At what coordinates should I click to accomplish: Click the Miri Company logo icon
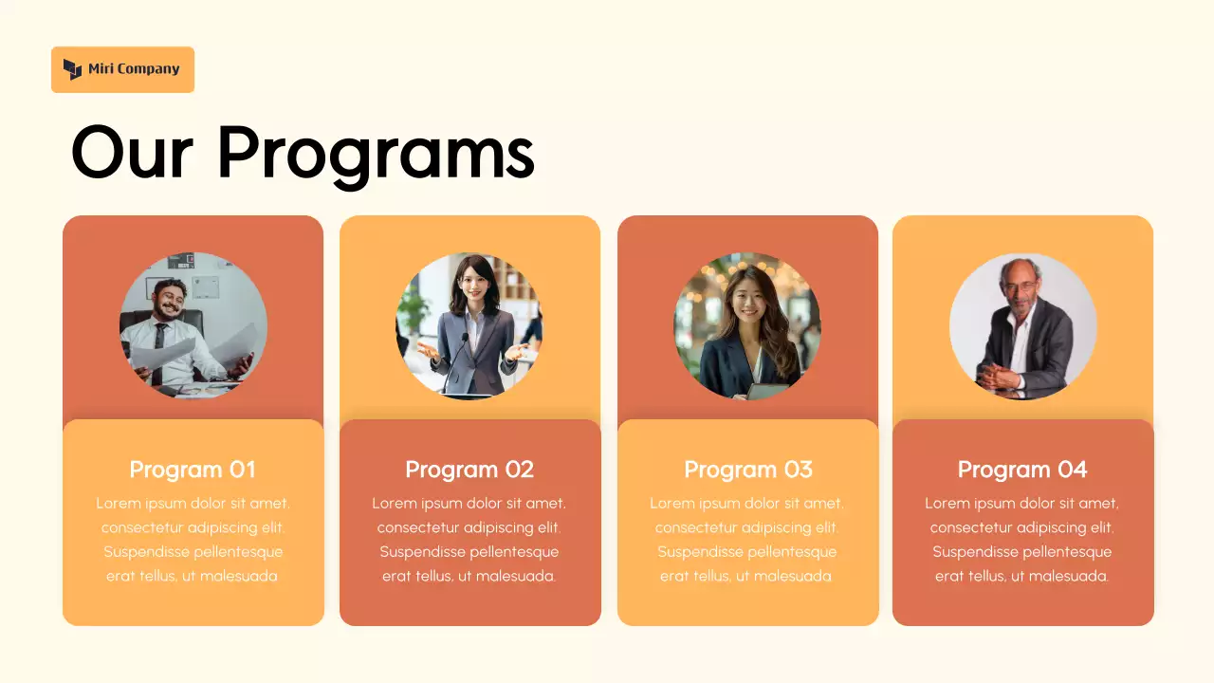pyautogui.click(x=73, y=69)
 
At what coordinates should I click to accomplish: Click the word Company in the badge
pyautogui.click(x=147, y=69)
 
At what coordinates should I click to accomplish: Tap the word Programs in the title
pyautogui.click(x=376, y=152)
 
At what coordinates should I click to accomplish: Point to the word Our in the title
pyautogui.click(x=133, y=152)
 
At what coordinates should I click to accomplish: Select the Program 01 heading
pyautogui.click(x=193, y=470)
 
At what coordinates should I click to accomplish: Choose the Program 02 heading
pyautogui.click(x=469, y=470)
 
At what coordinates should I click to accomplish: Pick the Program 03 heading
pyautogui.click(x=748, y=470)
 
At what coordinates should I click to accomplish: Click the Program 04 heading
pyautogui.click(x=1022, y=470)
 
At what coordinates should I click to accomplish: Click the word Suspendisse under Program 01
pyautogui.click(x=148, y=552)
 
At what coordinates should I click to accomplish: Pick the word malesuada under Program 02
pyautogui.click(x=515, y=576)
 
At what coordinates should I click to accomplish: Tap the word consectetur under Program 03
pyautogui.click(x=700, y=527)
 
